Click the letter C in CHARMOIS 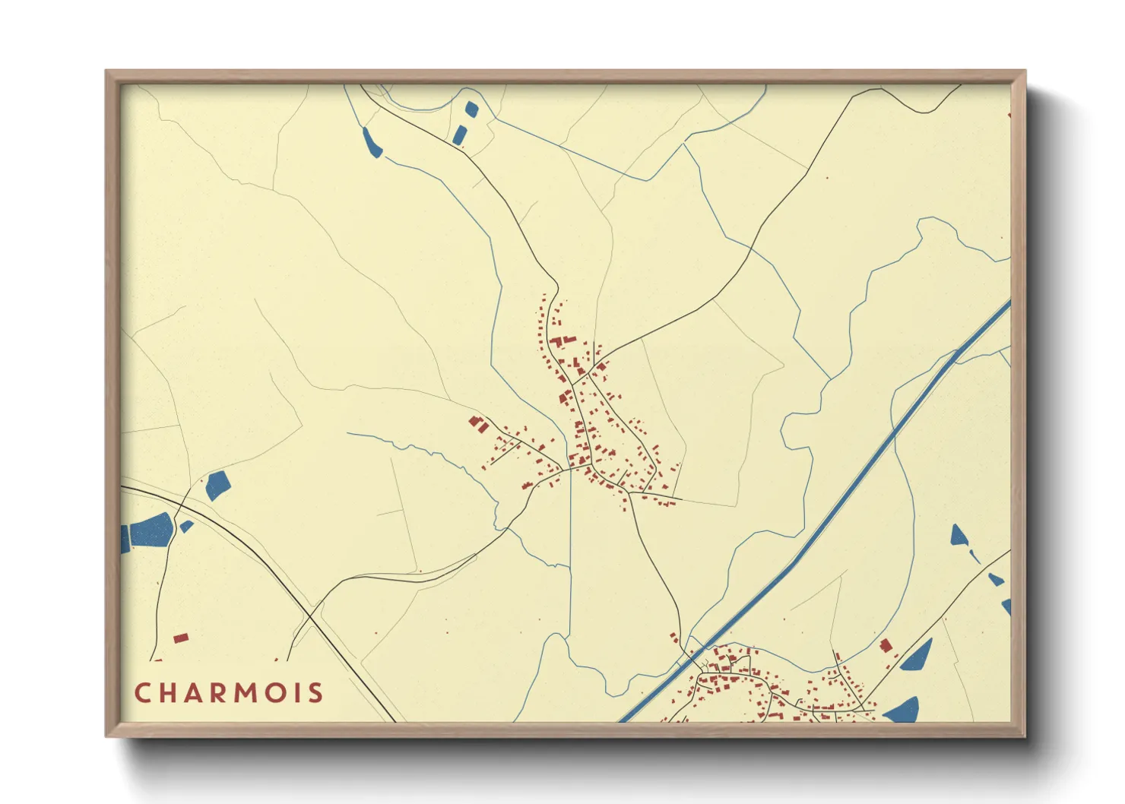click(x=142, y=693)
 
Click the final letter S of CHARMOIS click(x=316, y=693)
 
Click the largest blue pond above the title click(x=152, y=530)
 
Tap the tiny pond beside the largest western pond click(x=186, y=526)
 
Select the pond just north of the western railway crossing click(x=217, y=486)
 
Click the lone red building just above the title click(x=180, y=638)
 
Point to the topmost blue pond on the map click(x=471, y=109)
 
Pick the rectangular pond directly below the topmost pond click(x=459, y=136)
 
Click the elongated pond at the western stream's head click(x=372, y=144)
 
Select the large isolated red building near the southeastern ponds click(x=886, y=646)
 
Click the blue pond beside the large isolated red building click(x=916, y=656)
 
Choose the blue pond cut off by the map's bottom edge click(x=902, y=711)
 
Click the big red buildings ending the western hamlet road click(x=478, y=424)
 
